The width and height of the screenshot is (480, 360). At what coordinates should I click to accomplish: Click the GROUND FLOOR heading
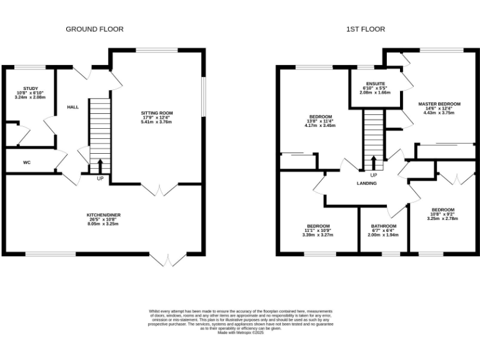click(x=95, y=29)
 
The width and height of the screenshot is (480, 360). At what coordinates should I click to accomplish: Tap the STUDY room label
click(x=31, y=89)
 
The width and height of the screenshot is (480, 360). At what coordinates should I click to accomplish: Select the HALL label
click(x=73, y=107)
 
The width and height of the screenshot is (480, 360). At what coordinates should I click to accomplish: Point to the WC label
click(x=27, y=162)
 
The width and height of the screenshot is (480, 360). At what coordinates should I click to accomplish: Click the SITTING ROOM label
click(x=156, y=113)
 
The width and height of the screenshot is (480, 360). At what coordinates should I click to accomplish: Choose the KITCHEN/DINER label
click(x=104, y=214)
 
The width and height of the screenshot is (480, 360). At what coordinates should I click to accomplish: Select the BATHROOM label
click(x=383, y=226)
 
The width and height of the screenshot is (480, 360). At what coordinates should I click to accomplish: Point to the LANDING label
click(x=366, y=183)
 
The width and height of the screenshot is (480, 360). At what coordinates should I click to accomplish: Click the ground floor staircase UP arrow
click(x=100, y=166)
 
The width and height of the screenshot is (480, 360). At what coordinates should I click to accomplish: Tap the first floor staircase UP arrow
click(x=374, y=162)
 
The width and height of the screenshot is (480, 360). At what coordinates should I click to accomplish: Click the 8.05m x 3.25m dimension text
click(x=104, y=223)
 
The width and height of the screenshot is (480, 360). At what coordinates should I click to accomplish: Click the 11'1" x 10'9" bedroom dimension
click(x=318, y=231)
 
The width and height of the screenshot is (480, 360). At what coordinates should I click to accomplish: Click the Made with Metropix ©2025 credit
click(x=241, y=332)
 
